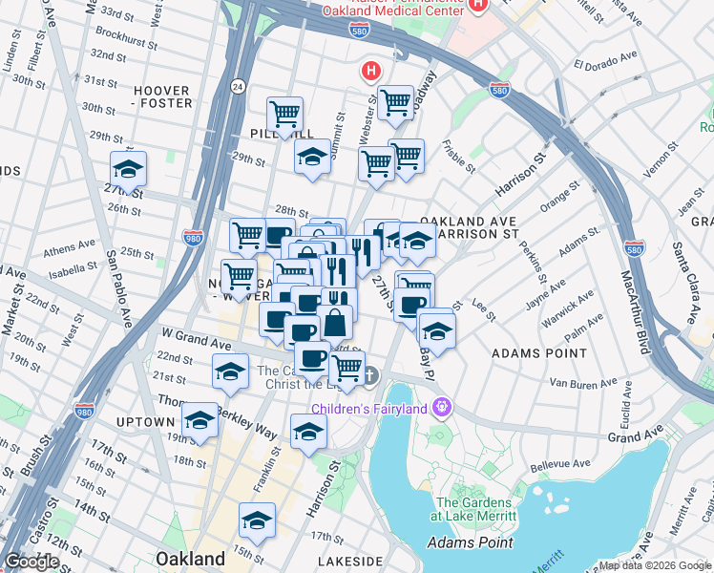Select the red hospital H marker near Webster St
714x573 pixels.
click(x=369, y=71)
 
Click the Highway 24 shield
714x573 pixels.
click(x=238, y=87)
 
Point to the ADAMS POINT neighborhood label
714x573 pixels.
click(x=532, y=353)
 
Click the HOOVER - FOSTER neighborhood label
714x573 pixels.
click(x=162, y=96)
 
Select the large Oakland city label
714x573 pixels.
click(x=191, y=558)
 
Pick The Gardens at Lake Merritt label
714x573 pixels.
click(x=476, y=509)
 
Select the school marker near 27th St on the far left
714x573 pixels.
click(x=128, y=170)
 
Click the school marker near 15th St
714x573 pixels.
click(x=257, y=521)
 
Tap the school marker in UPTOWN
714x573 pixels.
click(x=199, y=419)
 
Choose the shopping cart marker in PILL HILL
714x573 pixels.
click(x=284, y=116)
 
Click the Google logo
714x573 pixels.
click(x=31, y=562)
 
